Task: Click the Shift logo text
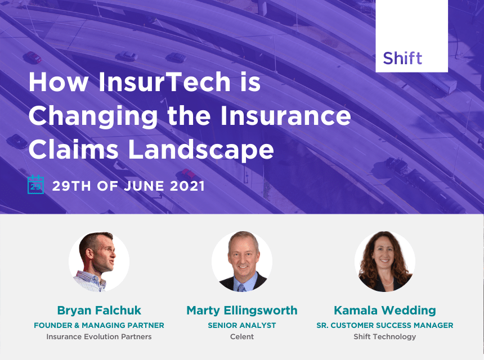click(402, 58)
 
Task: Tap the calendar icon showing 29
click(36, 184)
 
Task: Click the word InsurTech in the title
click(164, 82)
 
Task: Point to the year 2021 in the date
click(187, 186)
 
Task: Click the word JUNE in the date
click(144, 186)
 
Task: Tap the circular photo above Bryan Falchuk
click(99, 262)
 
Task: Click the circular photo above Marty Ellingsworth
click(242, 262)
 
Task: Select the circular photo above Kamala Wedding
click(385, 262)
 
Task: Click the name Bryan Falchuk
click(99, 310)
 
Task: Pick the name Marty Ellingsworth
click(242, 310)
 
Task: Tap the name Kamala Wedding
click(385, 310)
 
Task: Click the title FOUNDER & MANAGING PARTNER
click(99, 326)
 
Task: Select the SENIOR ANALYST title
click(242, 326)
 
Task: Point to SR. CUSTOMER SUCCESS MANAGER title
click(385, 326)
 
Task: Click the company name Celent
click(242, 336)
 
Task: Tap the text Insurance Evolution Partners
click(99, 336)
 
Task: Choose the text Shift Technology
click(385, 337)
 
